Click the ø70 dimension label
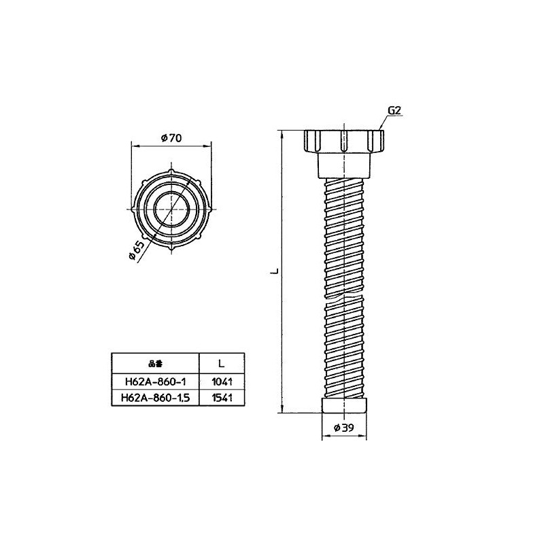(x=171, y=138)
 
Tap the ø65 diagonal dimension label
(x=136, y=250)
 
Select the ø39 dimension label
(x=344, y=428)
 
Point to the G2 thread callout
(x=394, y=110)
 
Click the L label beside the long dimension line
(x=275, y=271)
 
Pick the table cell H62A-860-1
(x=156, y=381)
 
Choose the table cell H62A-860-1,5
(x=156, y=398)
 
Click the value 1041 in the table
(x=222, y=381)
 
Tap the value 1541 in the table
(x=222, y=398)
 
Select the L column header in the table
(x=222, y=364)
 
